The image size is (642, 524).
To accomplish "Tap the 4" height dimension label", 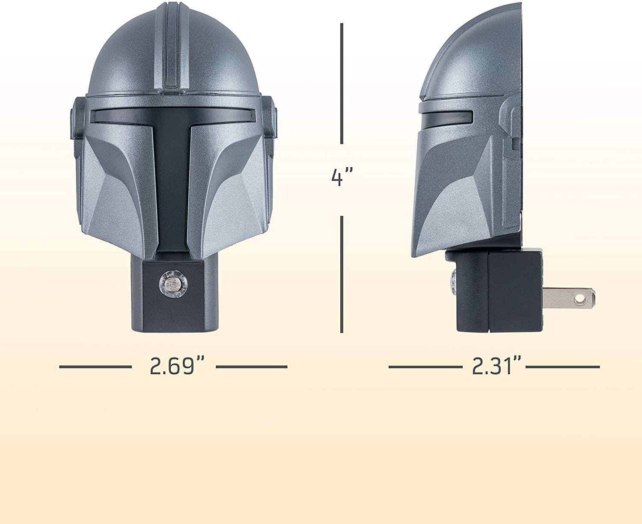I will coord(342,178).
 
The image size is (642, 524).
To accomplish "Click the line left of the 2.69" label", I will coord(95,367).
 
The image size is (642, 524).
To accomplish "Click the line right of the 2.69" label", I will coord(251,367).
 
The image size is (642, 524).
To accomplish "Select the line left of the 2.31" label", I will coord(425,367).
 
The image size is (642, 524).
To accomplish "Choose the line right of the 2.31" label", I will coord(562,367).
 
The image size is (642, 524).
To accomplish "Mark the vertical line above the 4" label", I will coord(342,83).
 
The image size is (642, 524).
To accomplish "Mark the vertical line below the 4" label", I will coord(342,274).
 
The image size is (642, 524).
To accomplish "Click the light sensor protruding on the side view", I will coord(452,280).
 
